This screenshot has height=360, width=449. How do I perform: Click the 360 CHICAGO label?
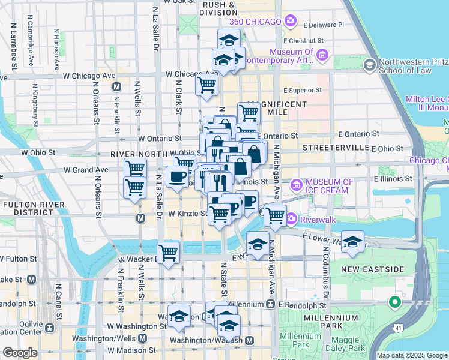click(x=255, y=22)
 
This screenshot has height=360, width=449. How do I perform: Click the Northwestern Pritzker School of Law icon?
click(x=369, y=64)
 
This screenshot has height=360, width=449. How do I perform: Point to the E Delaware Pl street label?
click(x=324, y=25)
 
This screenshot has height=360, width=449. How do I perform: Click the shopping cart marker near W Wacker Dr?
click(x=168, y=253)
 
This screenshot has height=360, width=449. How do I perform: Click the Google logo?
click(x=20, y=353)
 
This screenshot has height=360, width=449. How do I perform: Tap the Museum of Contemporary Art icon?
click(x=322, y=56)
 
